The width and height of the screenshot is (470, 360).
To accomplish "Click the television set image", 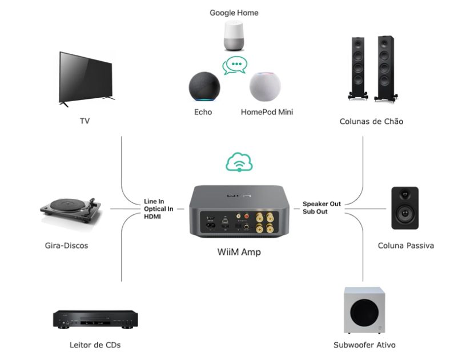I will tap(86, 78).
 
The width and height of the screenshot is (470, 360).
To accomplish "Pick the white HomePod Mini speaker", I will tap(265, 87).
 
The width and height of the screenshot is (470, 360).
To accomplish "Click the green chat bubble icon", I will tap(235, 65).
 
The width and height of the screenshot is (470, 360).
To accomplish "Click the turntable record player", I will tap(70, 211).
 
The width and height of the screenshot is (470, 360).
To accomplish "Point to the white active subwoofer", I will tap(364, 310).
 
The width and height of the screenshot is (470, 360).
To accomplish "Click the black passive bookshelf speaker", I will tap(405, 207).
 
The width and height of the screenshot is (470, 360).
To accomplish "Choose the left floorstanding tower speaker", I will tap(359, 68).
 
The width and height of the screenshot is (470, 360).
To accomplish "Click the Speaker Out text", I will tap(322, 203).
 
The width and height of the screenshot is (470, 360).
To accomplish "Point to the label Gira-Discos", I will tap(66, 246).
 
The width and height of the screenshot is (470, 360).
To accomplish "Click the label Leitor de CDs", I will tap(91, 345).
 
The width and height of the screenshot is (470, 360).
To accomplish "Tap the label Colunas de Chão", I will tap(371, 121).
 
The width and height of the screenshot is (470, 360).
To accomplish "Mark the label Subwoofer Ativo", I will tap(364, 345).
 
